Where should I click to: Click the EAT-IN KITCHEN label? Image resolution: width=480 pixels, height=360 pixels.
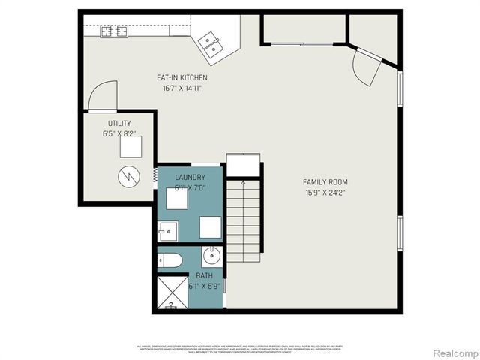coord(181,77)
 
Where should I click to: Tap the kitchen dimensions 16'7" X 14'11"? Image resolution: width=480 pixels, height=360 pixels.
coord(181,88)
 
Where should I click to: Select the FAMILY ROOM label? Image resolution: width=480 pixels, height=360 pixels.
coord(325,182)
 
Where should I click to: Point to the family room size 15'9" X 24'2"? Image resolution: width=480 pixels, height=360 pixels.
coord(325,193)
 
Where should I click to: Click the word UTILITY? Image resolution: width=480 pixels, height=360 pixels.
coord(119,123)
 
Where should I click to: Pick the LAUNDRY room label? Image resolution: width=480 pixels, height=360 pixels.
coord(190,178)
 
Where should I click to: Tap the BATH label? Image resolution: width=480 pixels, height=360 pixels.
coord(204,275)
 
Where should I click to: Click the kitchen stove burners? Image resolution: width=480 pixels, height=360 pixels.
coord(114,31)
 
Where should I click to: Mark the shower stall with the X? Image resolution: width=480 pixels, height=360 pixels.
coord(171,293)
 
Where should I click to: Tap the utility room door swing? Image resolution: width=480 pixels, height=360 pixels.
coord(100,97)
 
